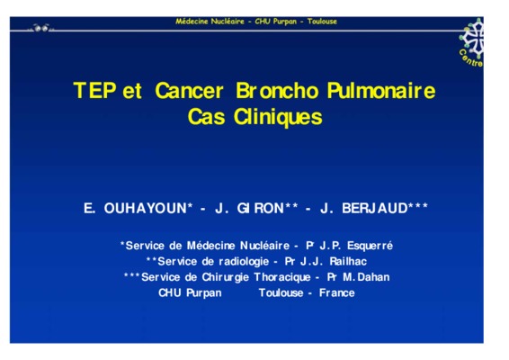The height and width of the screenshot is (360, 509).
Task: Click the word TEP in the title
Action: pos(94,90)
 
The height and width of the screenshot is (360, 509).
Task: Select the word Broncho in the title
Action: pos(277,90)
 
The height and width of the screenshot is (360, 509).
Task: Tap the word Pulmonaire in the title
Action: pos(381,90)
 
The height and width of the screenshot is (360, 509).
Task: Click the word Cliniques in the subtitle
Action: pos(278,117)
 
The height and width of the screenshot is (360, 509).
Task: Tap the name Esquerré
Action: pos(370,246)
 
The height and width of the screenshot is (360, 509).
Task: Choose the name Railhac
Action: pos(348,261)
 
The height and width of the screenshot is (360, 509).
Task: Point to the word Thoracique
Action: pos(282,277)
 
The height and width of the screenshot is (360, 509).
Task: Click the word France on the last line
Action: pos(337,293)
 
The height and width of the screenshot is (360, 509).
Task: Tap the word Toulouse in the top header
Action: pos(322,22)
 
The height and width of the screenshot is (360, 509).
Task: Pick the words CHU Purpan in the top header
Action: pos(275,22)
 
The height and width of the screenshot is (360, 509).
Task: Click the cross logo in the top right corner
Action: pos(473,35)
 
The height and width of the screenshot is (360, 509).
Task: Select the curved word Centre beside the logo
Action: pos(470,58)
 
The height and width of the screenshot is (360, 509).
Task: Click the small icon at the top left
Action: pos(40,28)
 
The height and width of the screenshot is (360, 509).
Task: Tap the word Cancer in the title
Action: pos(189,90)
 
